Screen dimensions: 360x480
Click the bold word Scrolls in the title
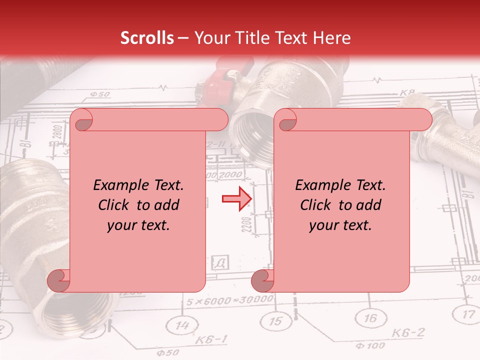click(x=147, y=38)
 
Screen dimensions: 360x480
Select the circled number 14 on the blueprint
click(x=184, y=326)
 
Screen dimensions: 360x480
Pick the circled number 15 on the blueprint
click(x=275, y=321)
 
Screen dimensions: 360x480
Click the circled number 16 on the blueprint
click(x=370, y=318)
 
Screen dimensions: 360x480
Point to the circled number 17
click(x=467, y=314)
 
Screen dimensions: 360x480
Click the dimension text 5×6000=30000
click(x=230, y=301)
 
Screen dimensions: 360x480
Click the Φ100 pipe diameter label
click(x=370, y=345)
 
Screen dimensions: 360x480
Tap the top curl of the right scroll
click(x=286, y=120)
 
